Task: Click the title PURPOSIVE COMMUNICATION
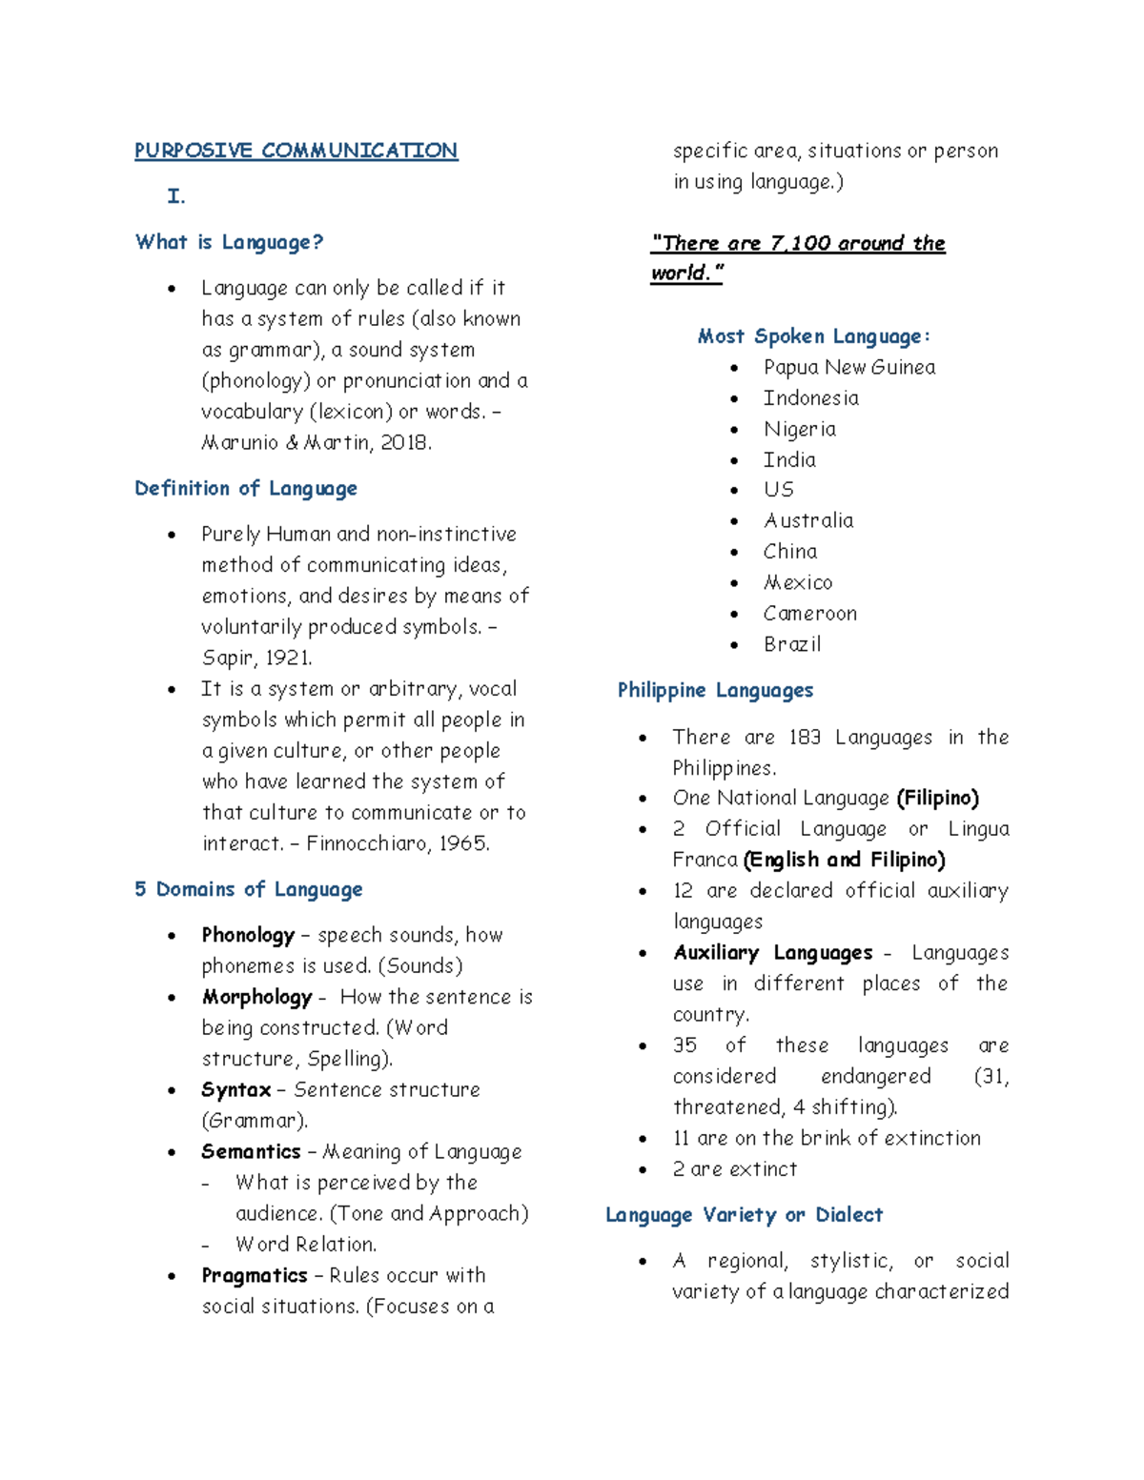(296, 151)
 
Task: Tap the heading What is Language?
(229, 242)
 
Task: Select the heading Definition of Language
(246, 488)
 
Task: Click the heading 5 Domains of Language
(248, 889)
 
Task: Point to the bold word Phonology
(248, 935)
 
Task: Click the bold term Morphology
(256, 997)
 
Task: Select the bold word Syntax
(235, 1089)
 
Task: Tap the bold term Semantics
(251, 1151)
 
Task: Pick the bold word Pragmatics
(254, 1275)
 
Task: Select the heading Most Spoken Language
(813, 336)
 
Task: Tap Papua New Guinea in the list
(848, 367)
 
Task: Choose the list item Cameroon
(809, 613)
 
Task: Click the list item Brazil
(791, 644)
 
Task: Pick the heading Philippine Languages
(715, 690)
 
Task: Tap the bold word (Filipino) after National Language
(937, 798)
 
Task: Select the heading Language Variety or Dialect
(744, 1215)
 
